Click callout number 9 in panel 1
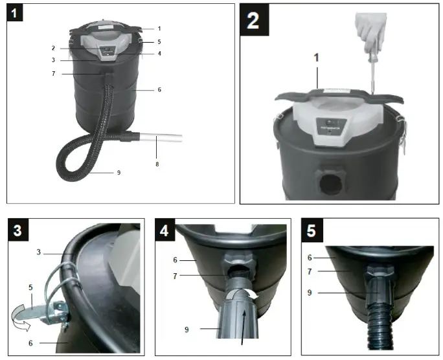point(119,172)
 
